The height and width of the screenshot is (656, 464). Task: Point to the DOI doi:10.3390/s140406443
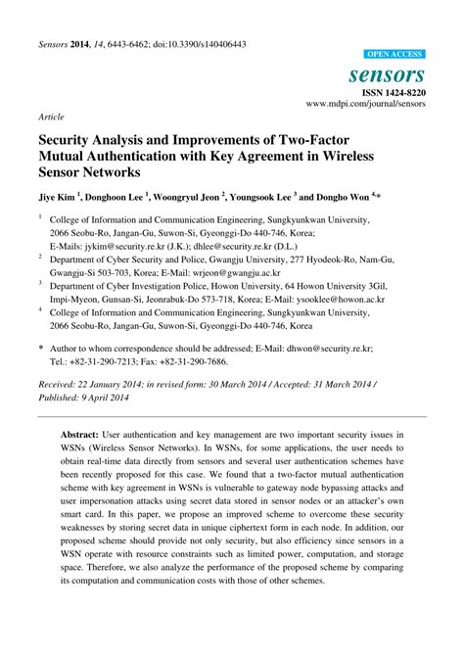point(191,45)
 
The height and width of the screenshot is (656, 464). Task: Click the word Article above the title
point(51,116)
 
